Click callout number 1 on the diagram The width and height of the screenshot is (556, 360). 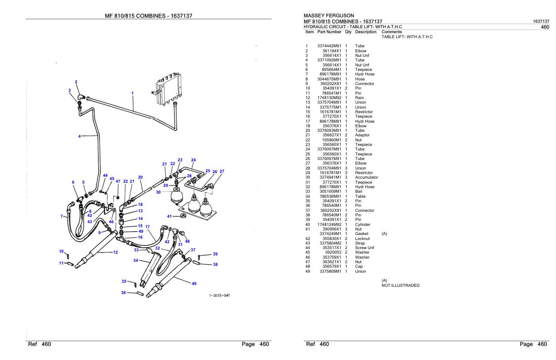[x=132, y=93]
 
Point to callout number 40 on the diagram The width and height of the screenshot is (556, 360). [x=194, y=284]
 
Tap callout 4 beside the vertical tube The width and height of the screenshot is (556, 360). [x=79, y=136]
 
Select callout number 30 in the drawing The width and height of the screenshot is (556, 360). [x=158, y=192]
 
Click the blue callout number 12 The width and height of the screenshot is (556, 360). [x=115, y=252]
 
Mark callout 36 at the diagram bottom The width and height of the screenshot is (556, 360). [x=124, y=293]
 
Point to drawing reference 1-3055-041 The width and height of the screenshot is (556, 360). [x=219, y=295]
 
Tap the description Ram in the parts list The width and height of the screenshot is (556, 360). [x=359, y=98]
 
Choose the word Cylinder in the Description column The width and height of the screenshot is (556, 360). [x=362, y=225]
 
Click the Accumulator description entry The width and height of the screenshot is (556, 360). [x=366, y=177]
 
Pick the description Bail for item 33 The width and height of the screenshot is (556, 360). [x=358, y=192]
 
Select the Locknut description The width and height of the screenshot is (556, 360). [x=362, y=239]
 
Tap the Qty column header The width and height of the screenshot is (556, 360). [x=348, y=32]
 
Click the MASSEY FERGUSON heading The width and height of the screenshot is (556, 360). [x=328, y=16]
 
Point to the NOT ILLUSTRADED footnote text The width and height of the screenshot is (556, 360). [x=400, y=285]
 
